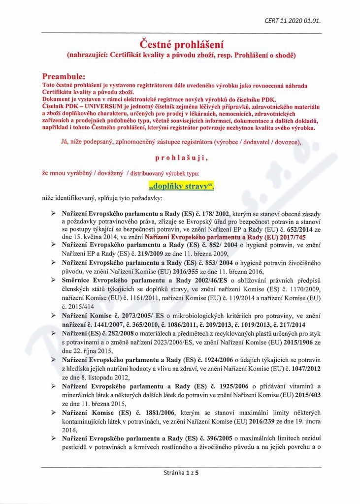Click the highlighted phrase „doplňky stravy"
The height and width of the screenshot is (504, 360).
click(x=180, y=187)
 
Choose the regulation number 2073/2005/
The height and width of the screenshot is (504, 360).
click(x=134, y=315)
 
